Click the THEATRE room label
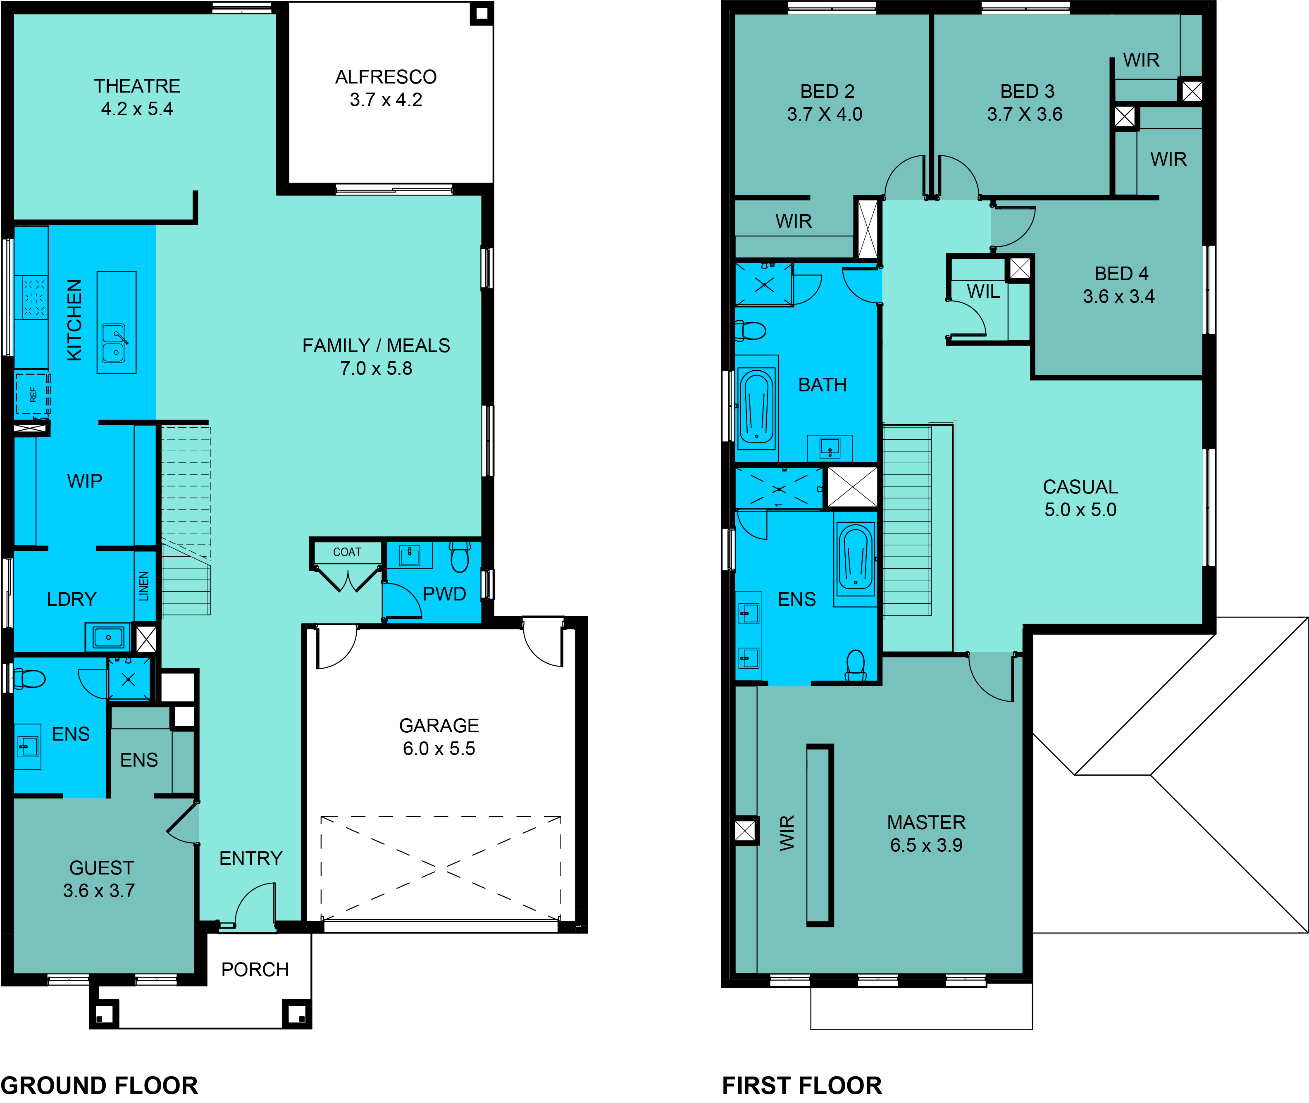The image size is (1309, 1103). (x=137, y=86)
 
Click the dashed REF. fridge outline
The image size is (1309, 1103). (x=33, y=394)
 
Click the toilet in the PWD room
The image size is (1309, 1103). (x=460, y=557)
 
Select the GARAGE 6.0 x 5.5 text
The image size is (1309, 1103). (x=439, y=736)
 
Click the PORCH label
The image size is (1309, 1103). (x=255, y=969)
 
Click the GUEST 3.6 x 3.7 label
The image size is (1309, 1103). (x=100, y=879)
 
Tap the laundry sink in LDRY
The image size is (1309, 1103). (x=108, y=637)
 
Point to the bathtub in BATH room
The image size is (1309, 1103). (x=757, y=405)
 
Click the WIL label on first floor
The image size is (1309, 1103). (x=983, y=291)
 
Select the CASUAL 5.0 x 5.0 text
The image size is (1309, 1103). (x=1080, y=498)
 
